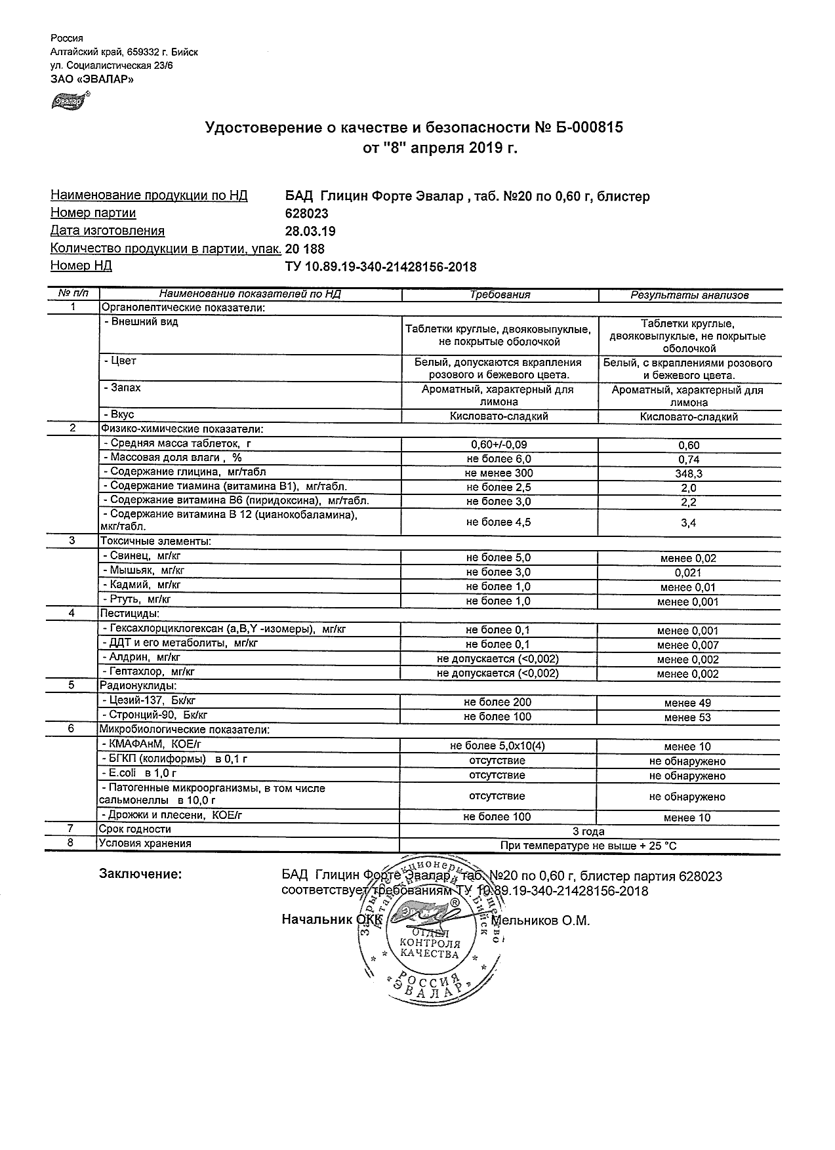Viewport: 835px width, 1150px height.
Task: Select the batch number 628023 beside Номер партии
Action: pyautogui.click(x=307, y=214)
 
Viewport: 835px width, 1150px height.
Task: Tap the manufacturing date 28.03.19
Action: pyautogui.click(x=310, y=231)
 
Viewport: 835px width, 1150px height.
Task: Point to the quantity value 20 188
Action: pyautogui.click(x=305, y=249)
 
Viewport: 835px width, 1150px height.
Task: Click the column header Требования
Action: pyautogui.click(x=500, y=295)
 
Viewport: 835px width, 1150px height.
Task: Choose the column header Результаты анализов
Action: pyautogui.click(x=689, y=296)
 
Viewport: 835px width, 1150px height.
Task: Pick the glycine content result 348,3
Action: pyautogui.click(x=688, y=473)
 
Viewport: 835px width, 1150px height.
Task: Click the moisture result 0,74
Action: pyautogui.click(x=689, y=459)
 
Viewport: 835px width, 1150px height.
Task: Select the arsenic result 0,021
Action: pyautogui.click(x=688, y=573)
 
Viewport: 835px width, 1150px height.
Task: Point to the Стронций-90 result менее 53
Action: pyautogui.click(x=687, y=717)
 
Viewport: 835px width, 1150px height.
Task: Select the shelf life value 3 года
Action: pyautogui.click(x=588, y=831)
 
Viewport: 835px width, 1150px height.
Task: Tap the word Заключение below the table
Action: pyautogui.click(x=140, y=875)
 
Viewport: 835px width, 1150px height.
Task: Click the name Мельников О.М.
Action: pyautogui.click(x=540, y=921)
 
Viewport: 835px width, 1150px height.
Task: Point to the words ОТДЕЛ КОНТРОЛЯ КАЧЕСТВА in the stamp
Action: pyautogui.click(x=430, y=943)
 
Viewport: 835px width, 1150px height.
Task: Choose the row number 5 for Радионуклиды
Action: pyautogui.click(x=72, y=685)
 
